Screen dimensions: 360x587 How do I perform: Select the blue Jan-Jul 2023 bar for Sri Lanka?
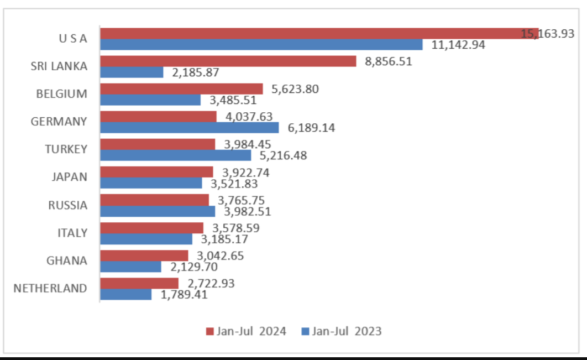pos(132,72)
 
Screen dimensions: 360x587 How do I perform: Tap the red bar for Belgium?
pos(181,89)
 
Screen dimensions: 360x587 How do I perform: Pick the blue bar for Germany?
pos(190,128)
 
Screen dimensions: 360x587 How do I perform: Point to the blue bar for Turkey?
pos(176,155)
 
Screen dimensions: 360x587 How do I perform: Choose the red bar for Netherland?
pos(139,283)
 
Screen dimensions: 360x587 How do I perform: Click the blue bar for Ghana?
pos(130,267)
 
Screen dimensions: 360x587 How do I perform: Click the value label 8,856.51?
pos(388,61)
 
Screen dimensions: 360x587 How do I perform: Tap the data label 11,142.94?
pos(458,45)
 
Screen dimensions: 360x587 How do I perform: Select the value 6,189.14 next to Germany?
pos(311,128)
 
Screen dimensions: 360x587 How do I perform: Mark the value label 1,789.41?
pos(184,295)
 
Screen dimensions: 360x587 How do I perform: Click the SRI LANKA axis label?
pos(59,66)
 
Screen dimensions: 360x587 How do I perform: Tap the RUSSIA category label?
pos(67,205)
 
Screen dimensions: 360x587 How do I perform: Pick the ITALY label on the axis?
pos(72,233)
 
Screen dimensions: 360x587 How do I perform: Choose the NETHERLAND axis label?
pos(50,288)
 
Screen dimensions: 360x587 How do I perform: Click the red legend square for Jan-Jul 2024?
pos(209,331)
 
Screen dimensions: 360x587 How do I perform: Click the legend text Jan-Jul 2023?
pos(347,331)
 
